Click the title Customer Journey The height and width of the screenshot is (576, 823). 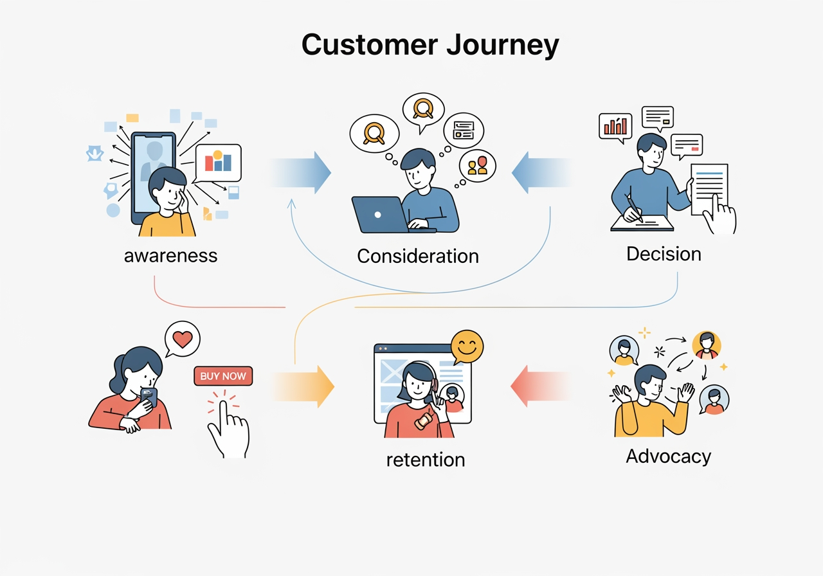430,46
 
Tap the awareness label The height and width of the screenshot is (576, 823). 170,255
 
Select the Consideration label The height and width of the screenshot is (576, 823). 417,256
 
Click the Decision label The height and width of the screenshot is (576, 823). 664,253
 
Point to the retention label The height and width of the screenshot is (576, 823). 425,460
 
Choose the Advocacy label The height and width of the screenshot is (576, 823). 668,456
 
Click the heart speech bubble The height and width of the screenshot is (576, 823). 182,337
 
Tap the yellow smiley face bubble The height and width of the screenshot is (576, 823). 467,347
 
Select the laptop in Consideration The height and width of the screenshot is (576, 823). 381,214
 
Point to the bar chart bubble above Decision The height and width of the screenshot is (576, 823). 615,125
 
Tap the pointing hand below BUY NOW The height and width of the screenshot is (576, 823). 228,427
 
